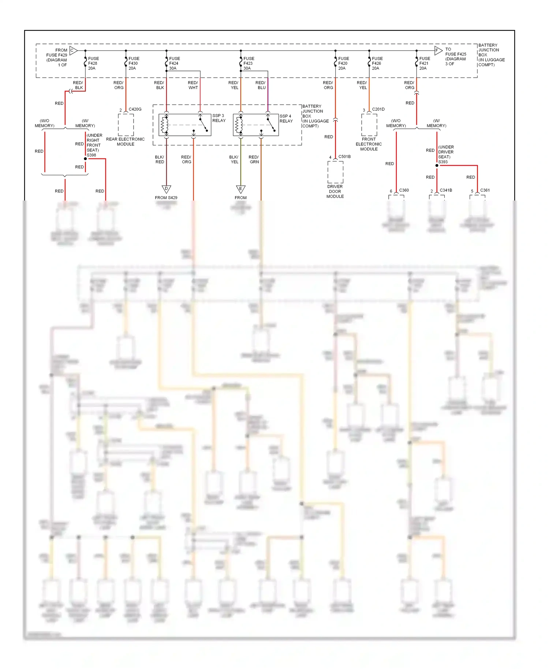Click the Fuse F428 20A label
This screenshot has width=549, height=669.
[x=93, y=63]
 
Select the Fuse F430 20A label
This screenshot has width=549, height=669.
[x=134, y=63]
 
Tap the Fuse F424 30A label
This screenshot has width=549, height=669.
[x=174, y=63]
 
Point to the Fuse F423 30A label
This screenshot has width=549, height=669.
[x=249, y=63]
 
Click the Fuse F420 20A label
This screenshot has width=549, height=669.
[x=343, y=63]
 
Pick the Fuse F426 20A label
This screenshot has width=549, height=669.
[x=377, y=63]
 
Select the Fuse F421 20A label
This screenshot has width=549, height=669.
[x=424, y=63]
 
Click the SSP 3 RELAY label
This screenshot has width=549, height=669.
[x=219, y=118]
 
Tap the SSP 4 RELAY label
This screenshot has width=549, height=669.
[x=286, y=119]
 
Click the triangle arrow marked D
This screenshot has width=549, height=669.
[x=166, y=189]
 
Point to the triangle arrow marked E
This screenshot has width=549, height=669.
[x=240, y=189]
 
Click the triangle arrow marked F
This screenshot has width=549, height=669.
[x=438, y=50]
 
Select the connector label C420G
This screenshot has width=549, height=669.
[x=135, y=109]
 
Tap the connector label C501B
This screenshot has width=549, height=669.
[x=344, y=156]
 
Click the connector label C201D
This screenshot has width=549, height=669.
[x=378, y=109]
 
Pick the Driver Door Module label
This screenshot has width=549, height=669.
[x=335, y=191]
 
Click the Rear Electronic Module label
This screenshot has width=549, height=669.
[x=125, y=142]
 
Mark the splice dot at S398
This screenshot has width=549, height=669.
[x=85, y=159]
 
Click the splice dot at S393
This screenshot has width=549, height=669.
[x=437, y=165]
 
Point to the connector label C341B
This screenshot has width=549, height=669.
[x=446, y=190]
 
